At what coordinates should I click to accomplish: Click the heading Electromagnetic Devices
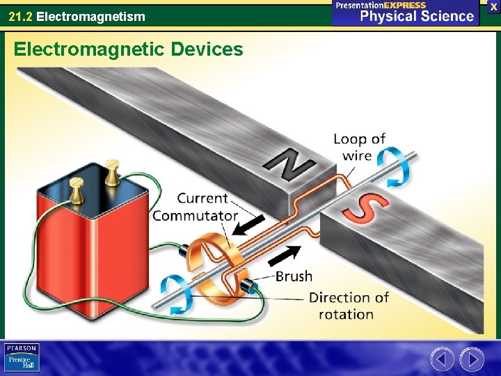pos(129,49)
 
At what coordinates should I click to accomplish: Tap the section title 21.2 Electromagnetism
pos(77,15)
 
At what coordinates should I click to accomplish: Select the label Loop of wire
pos(359,147)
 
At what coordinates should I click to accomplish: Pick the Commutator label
pos(195,215)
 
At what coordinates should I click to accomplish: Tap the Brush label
pos(294,276)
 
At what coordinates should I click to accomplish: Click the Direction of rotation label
pos(348,306)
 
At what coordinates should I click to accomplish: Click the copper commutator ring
pos(209,261)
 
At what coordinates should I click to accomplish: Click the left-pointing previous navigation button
pos(442,359)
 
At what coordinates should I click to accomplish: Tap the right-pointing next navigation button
pos(472,359)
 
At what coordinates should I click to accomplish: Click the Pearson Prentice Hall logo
pos(22,357)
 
